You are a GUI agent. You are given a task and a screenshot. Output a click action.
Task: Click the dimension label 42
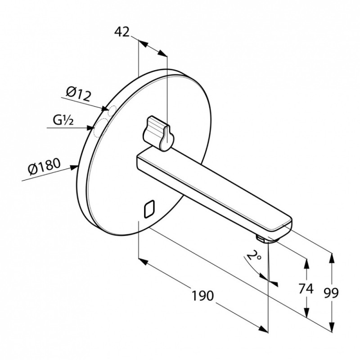click(x=122, y=32)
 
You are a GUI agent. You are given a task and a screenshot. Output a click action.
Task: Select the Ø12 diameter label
click(x=78, y=94)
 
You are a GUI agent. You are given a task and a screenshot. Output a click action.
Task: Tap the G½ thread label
click(x=63, y=121)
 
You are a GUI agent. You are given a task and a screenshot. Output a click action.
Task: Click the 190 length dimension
click(x=202, y=296)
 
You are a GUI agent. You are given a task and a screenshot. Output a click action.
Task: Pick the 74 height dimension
click(x=306, y=288)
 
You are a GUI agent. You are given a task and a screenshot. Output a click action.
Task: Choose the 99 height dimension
click(x=331, y=293)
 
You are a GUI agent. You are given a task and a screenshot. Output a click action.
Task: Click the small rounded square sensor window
click(x=149, y=209)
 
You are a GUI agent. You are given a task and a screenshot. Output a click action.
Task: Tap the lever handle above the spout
click(x=158, y=133)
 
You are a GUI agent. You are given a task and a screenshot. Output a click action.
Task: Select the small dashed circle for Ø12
click(x=112, y=110)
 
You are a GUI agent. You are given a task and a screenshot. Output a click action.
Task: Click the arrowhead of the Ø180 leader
click(x=74, y=167)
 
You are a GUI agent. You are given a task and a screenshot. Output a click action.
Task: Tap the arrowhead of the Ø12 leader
click(x=104, y=108)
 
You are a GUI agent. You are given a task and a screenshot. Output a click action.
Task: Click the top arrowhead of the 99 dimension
click(x=332, y=257)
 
